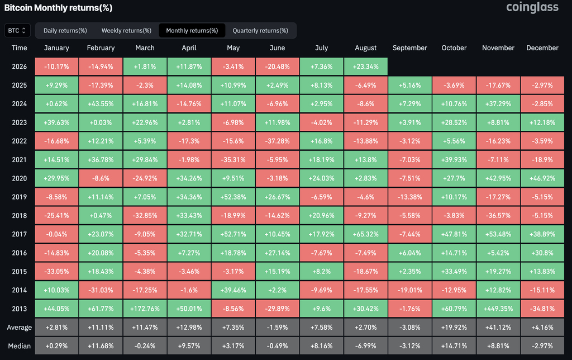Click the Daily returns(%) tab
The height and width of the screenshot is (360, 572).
(x=65, y=31)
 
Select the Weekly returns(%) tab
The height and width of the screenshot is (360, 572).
(x=126, y=31)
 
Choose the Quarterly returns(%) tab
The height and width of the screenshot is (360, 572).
(x=260, y=31)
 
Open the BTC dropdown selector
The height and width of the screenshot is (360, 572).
(x=17, y=31)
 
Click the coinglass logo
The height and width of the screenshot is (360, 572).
(x=532, y=7)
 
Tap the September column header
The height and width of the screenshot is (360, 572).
(x=409, y=48)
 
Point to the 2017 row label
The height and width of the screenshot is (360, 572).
(x=20, y=234)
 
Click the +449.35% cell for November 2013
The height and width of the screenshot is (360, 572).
(x=498, y=309)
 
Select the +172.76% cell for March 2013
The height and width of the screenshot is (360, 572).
(x=145, y=309)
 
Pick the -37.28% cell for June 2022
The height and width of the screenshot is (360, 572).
(x=277, y=141)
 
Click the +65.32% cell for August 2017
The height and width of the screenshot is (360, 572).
(x=365, y=234)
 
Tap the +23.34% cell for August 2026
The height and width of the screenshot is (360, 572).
(x=365, y=67)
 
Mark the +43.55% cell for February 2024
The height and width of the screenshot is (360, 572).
(x=101, y=103)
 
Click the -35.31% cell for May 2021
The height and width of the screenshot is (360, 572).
(x=233, y=159)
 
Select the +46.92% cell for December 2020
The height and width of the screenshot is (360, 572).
(x=542, y=178)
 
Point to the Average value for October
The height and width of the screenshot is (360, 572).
(x=454, y=328)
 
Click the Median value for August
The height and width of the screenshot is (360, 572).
(x=365, y=346)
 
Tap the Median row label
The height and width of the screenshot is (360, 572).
(x=20, y=346)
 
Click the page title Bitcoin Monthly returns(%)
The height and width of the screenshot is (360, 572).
(x=58, y=8)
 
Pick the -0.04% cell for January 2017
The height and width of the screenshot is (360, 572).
(x=56, y=234)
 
